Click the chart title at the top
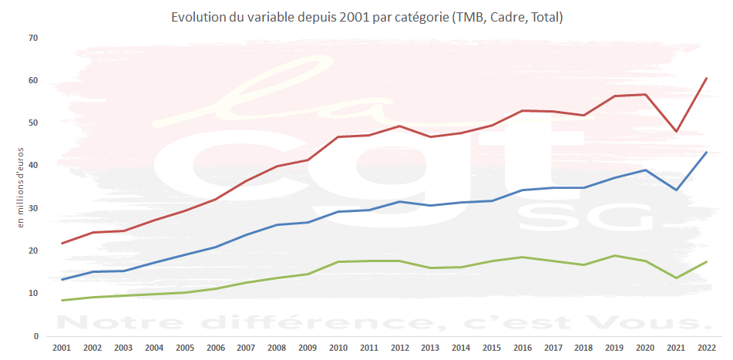tap(367, 16)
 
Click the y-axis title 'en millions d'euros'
tap(21, 187)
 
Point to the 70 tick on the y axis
tap(32, 38)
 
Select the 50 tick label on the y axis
tap(32, 123)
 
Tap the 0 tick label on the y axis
tap(35, 336)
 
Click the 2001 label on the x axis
tap(62, 348)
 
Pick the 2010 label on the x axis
tap(338, 348)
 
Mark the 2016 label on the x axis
tap(523, 348)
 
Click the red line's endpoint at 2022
tap(707, 78)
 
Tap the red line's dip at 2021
tap(676, 132)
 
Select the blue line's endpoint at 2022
tap(707, 152)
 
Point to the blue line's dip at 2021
tap(676, 190)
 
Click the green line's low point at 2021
tap(676, 278)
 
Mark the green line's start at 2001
tap(62, 301)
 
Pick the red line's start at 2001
tap(62, 244)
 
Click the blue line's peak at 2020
tap(645, 170)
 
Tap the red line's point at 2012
tap(399, 126)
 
